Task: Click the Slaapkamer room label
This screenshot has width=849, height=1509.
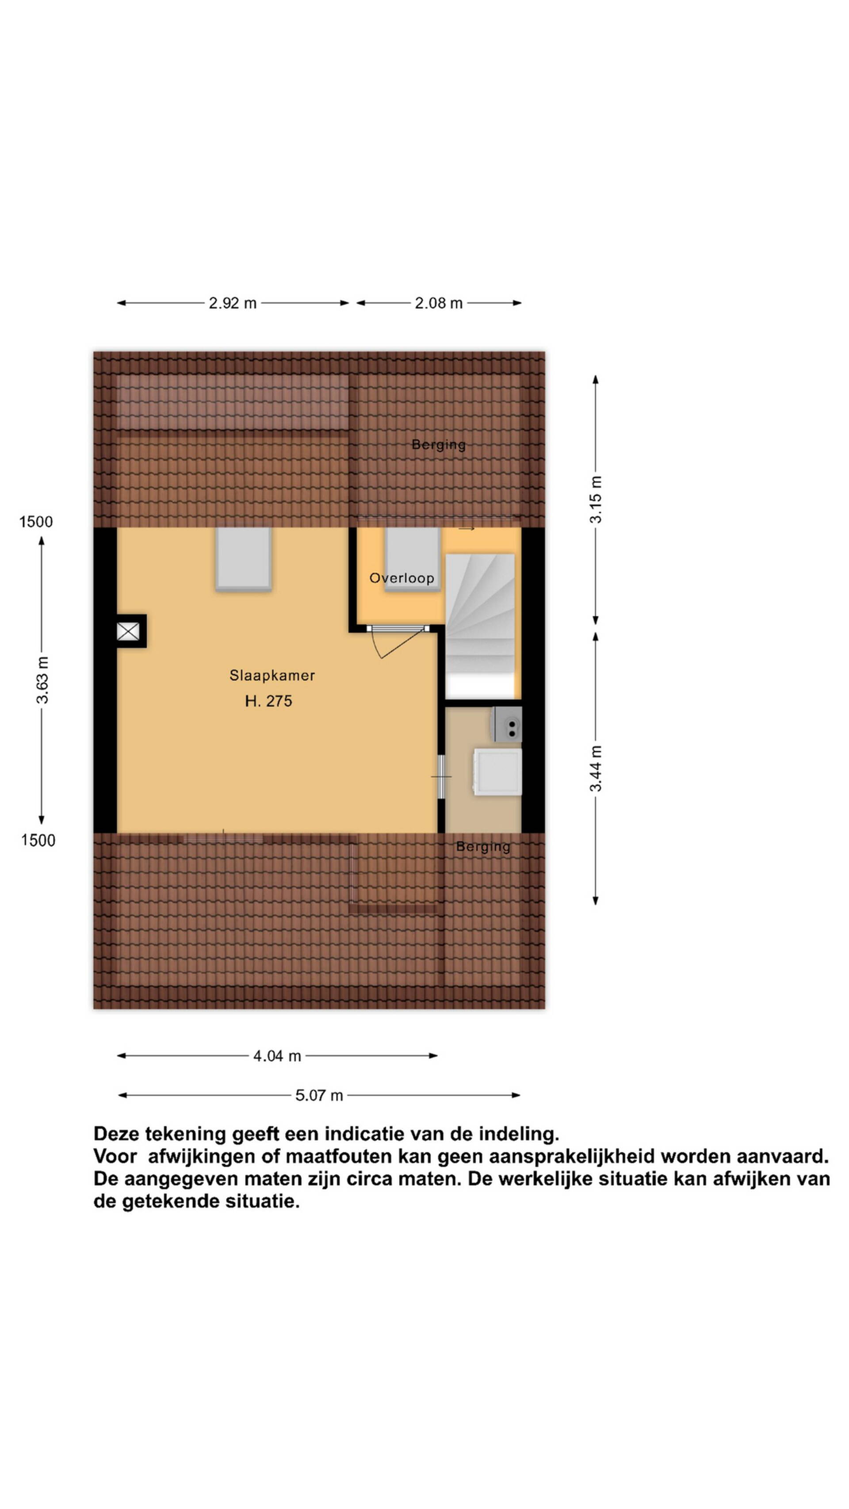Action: click(272, 676)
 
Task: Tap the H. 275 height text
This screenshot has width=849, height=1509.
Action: click(268, 701)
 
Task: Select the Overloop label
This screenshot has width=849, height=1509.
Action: click(402, 578)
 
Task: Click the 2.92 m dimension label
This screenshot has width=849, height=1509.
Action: click(233, 303)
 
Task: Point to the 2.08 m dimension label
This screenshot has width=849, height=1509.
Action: click(439, 303)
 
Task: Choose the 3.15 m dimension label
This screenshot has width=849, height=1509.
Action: click(595, 500)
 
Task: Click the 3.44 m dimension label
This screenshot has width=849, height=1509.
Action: click(595, 768)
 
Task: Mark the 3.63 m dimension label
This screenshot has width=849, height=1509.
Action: click(42, 680)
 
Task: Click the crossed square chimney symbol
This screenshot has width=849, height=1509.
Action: click(128, 631)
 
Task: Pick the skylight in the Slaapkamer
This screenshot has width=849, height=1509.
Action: click(243, 558)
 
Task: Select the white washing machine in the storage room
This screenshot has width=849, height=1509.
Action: click(497, 772)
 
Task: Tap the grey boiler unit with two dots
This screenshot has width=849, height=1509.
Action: click(507, 725)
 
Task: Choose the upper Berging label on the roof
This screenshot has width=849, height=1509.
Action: click(438, 445)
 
